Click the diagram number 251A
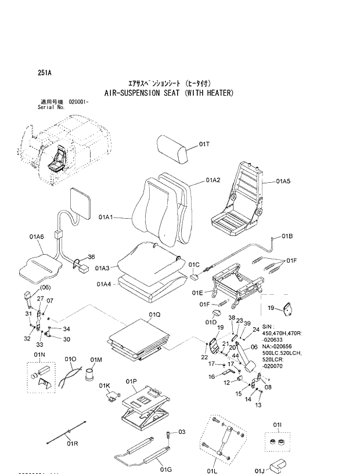(x=44, y=73)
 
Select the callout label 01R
(x=72, y=443)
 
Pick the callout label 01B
(x=287, y=236)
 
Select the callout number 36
(x=91, y=257)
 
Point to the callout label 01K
(x=104, y=385)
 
